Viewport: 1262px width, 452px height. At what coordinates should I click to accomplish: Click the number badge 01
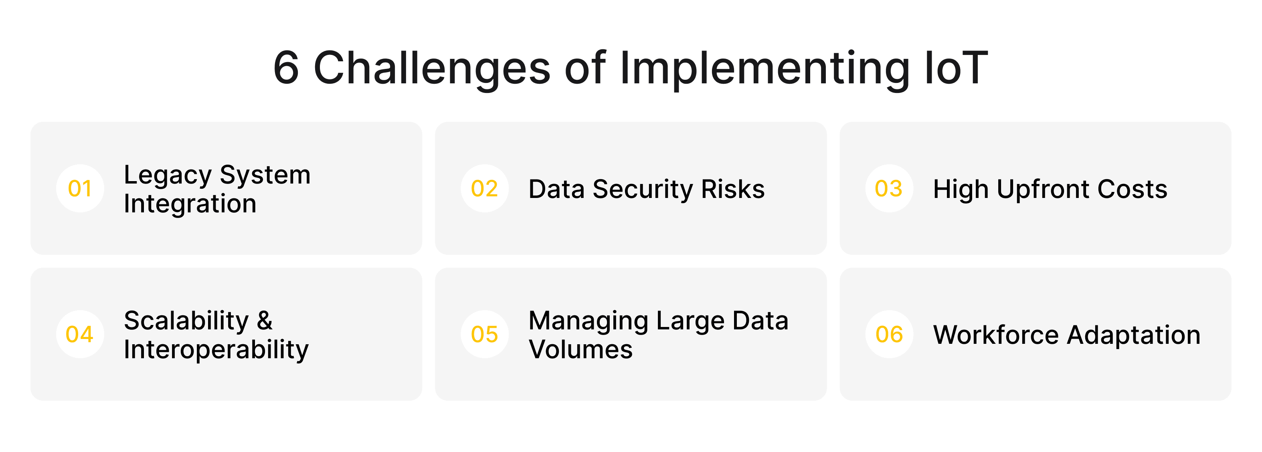[x=80, y=189]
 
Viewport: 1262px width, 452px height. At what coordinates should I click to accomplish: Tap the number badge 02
[x=485, y=189]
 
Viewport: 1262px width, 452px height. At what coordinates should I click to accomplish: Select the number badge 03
[x=889, y=189]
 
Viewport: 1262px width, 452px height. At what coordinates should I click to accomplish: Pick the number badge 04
[x=80, y=335]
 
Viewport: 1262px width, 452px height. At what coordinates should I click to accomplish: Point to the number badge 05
[x=485, y=335]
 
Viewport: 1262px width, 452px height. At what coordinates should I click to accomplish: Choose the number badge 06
[x=889, y=335]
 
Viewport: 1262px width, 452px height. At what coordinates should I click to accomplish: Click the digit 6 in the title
[x=286, y=69]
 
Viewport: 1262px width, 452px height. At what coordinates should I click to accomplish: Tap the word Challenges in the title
[x=432, y=69]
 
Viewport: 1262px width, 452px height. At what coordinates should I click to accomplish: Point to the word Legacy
[x=168, y=176]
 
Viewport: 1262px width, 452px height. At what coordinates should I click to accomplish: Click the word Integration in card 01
[x=190, y=204]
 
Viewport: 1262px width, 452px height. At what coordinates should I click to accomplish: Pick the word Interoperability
[x=216, y=350]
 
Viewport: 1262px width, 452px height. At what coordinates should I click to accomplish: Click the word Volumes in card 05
[x=580, y=350]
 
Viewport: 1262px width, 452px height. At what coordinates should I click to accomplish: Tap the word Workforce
[x=996, y=335]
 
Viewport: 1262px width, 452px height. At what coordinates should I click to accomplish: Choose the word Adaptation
[x=1134, y=336]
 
